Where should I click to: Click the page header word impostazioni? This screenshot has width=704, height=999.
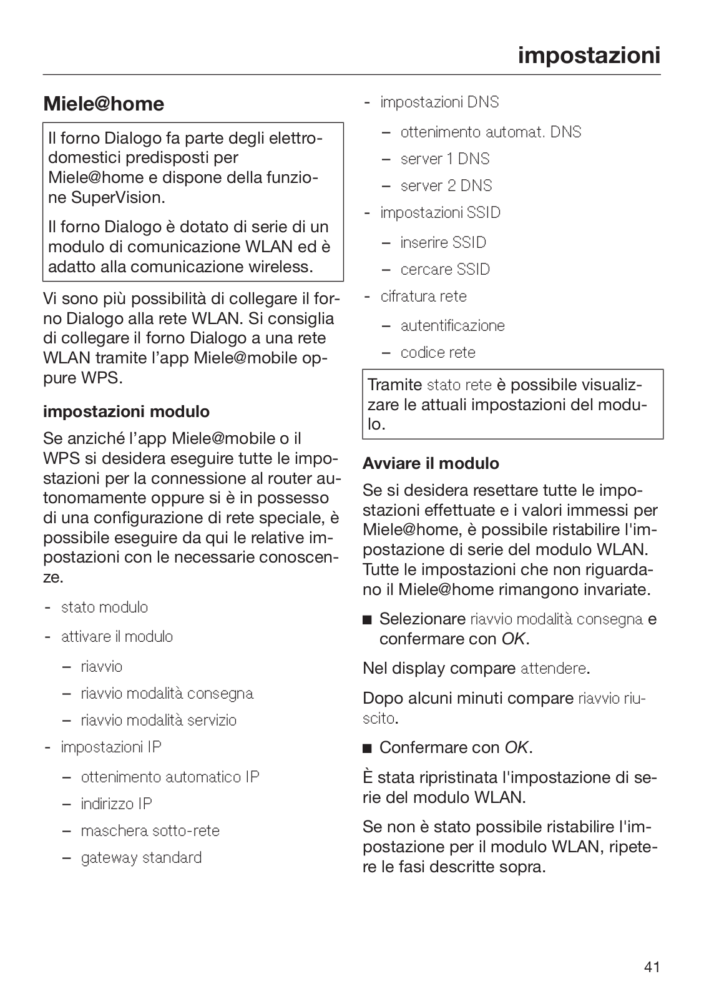point(589,55)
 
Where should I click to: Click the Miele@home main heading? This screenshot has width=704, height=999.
point(104,104)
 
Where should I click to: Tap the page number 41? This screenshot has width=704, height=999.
point(652,967)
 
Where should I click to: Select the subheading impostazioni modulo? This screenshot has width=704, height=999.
point(126,411)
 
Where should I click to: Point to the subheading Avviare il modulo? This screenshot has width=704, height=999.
point(431,463)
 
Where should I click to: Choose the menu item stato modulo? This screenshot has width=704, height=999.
point(104,607)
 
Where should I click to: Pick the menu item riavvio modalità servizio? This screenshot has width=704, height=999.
point(159,720)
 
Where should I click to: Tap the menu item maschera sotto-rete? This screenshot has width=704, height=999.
point(150,830)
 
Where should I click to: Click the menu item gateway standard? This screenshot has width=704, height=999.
point(141,857)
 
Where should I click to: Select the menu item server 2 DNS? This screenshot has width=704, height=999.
point(446,185)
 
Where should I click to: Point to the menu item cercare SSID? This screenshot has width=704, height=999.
point(445,269)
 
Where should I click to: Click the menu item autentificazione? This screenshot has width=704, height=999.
point(452,325)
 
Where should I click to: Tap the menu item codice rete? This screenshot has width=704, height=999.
point(438,352)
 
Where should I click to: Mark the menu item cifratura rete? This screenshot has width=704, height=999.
point(423,296)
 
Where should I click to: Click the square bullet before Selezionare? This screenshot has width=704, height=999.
point(367,620)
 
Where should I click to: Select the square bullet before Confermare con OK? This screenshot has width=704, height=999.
point(367,748)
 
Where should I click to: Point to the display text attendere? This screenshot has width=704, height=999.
point(553,669)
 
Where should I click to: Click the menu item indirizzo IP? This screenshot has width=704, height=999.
point(116,804)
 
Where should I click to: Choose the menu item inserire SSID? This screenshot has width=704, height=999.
point(443,242)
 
